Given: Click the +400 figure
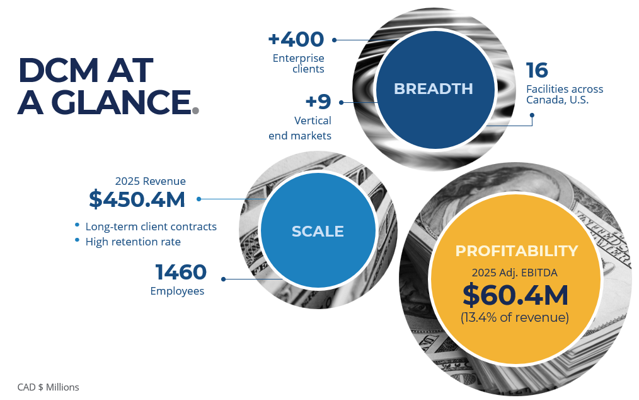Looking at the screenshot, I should (x=296, y=39).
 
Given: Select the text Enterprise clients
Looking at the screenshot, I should (x=299, y=64).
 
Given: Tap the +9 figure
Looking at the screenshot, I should (x=318, y=101).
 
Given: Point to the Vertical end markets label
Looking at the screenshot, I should (x=300, y=127).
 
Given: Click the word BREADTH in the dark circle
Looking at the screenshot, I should (x=433, y=89).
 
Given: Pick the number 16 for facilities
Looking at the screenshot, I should (x=537, y=70).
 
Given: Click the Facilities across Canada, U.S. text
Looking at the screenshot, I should (x=564, y=95).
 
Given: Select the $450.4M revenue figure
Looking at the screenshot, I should (x=137, y=199).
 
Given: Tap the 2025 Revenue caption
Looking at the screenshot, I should (x=151, y=181).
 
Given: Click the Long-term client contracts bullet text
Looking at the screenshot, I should (x=151, y=226).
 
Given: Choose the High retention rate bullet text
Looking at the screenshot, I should (x=133, y=242).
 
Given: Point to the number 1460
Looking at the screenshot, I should (x=181, y=272).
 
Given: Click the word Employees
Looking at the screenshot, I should (x=177, y=291).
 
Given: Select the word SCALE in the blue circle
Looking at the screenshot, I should (x=318, y=232).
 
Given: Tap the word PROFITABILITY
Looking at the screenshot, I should (x=516, y=251).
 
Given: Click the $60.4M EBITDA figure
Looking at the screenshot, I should (x=515, y=295).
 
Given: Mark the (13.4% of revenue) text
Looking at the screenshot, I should (x=515, y=317).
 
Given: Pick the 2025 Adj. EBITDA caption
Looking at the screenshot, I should (x=515, y=273).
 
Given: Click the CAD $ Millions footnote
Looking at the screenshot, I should (x=49, y=387).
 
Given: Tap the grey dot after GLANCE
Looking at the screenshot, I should (x=195, y=110).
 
